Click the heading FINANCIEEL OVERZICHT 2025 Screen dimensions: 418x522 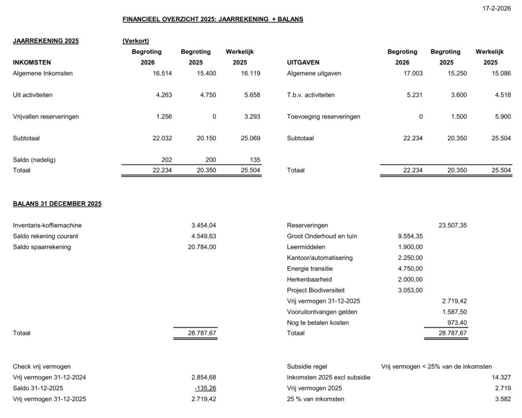212,20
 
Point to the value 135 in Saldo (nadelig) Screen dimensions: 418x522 255,160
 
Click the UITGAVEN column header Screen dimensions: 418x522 303,62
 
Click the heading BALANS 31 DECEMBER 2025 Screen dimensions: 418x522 57,204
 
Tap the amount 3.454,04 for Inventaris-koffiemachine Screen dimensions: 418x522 203,225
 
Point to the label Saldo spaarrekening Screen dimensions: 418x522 42,247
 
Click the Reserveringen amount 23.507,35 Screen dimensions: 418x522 453,225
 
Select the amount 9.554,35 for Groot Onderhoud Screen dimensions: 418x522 410,236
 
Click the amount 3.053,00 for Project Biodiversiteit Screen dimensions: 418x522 410,290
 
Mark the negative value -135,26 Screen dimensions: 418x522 205,388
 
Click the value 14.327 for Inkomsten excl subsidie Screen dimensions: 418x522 501,378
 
